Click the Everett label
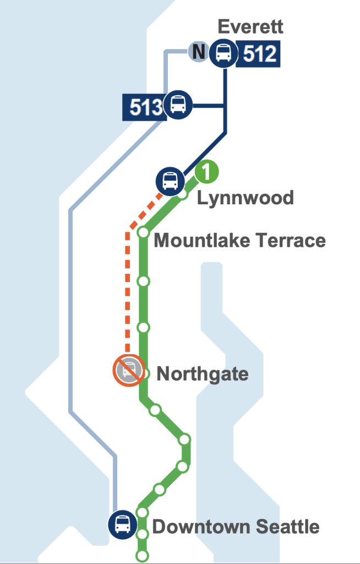(x=250, y=26)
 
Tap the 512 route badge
(x=258, y=53)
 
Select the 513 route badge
(x=143, y=106)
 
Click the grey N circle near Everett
(x=199, y=52)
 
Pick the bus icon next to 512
(x=224, y=53)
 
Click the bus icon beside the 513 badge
(x=178, y=104)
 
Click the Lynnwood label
(x=246, y=198)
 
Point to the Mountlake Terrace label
(x=240, y=241)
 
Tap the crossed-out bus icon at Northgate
(x=129, y=370)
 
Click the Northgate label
(x=203, y=375)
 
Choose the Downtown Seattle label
(x=236, y=527)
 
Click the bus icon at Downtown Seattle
(x=122, y=523)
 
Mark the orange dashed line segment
(x=127, y=292)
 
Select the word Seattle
(x=288, y=527)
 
